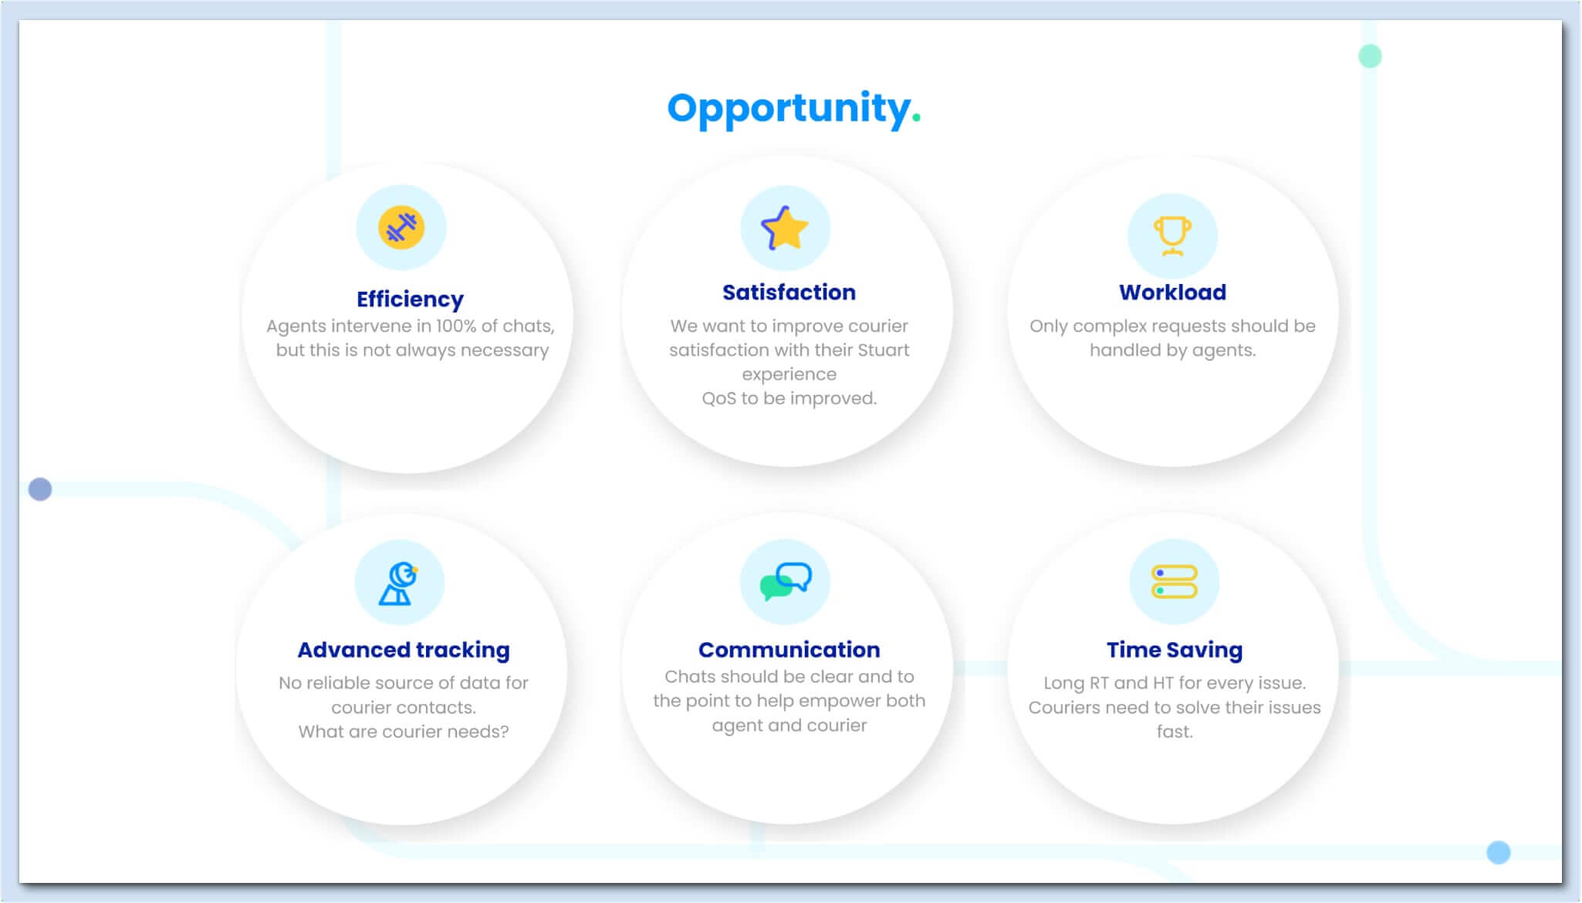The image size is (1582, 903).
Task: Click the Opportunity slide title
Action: [794, 109]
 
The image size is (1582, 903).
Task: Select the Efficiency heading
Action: [410, 299]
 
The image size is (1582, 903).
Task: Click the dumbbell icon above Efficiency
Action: [401, 228]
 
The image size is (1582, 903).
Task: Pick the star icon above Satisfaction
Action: [785, 228]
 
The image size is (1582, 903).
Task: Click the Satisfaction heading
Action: [789, 293]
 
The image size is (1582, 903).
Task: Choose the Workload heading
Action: [1172, 293]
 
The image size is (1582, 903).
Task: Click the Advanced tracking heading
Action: [404, 651]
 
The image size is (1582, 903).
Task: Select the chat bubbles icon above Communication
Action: [786, 581]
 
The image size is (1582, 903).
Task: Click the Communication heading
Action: [789, 650]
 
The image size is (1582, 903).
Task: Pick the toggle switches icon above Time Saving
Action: [1174, 582]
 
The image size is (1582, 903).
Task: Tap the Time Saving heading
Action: [1174, 651]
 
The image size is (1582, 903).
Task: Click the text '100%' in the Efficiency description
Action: [456, 326]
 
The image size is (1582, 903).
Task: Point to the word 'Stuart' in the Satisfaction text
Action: [884, 350]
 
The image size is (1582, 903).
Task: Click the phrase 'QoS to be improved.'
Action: [789, 399]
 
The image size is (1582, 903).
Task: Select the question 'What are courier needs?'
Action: [404, 732]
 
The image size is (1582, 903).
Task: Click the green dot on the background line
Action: [1370, 56]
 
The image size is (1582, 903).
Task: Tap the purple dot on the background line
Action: [40, 489]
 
